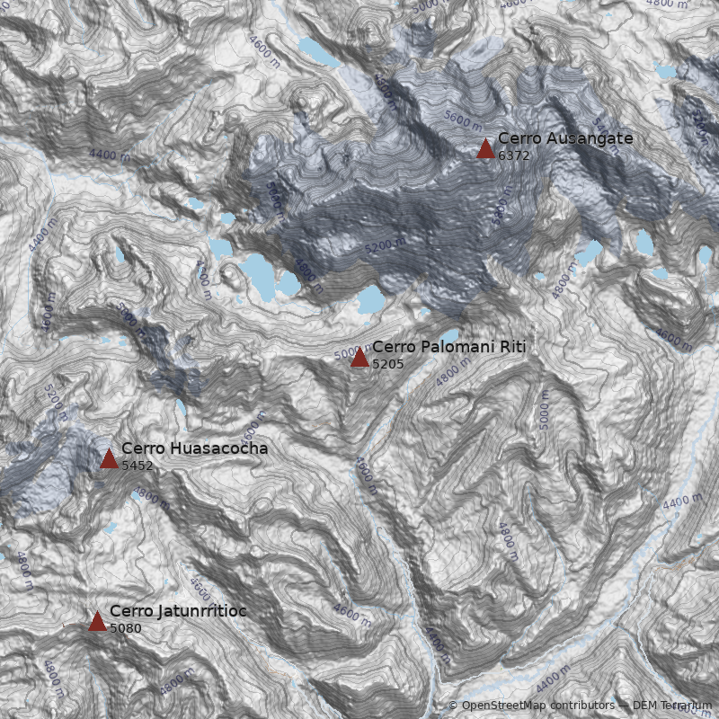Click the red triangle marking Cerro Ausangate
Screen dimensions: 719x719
tap(485, 148)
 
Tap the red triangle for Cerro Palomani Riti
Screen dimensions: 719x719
tap(359, 358)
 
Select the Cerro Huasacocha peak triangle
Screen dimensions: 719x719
tap(109, 459)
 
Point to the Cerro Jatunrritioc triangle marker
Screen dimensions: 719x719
tap(97, 621)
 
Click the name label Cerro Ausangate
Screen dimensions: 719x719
tap(565, 138)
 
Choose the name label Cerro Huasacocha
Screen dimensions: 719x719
tap(194, 448)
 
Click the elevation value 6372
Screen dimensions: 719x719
tap(513, 155)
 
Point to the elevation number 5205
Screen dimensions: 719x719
tap(387, 364)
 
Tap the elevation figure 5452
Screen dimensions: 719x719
tap(137, 466)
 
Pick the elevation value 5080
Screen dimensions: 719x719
tap(125, 628)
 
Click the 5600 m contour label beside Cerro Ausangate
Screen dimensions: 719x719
tap(463, 120)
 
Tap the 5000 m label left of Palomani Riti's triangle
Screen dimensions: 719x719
tap(346, 353)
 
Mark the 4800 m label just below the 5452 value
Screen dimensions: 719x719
tap(150, 500)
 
